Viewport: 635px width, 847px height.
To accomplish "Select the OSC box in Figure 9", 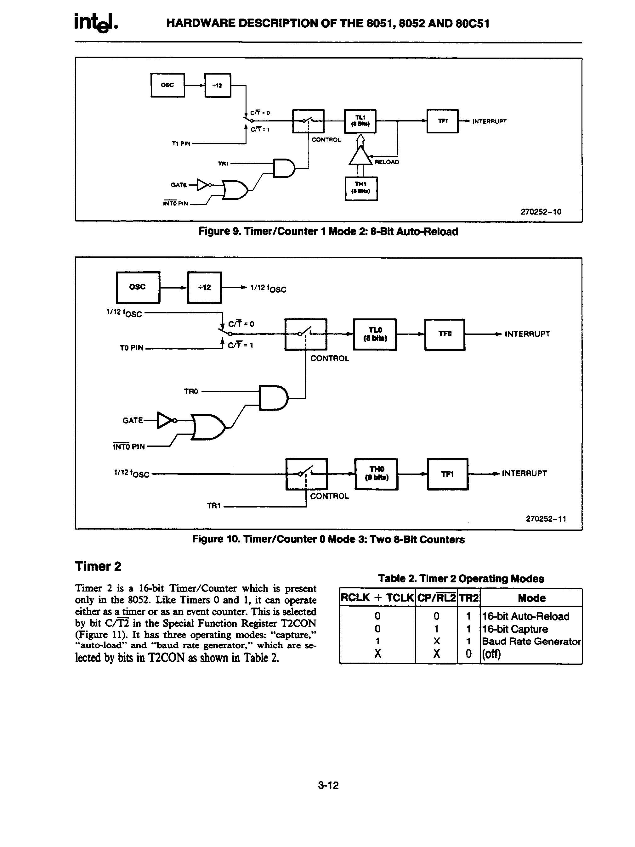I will coord(167,85).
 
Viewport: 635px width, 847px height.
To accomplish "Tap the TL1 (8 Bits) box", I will coord(360,121).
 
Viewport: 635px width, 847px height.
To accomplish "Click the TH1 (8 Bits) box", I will coord(360,188).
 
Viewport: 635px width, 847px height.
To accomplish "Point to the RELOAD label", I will coord(386,162).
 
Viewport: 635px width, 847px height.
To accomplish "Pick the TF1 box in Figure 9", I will coord(442,121).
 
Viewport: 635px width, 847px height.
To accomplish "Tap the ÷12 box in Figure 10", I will coord(204,287).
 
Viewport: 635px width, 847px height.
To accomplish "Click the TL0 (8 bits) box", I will coord(374,334).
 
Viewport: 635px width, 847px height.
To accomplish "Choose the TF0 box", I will coord(444,334).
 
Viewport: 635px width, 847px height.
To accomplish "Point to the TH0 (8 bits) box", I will coord(376,473).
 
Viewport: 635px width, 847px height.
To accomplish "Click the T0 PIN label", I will coord(132,348).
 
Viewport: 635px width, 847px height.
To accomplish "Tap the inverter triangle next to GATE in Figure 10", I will coord(165,420).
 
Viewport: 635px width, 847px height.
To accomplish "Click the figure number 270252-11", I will coord(546,519).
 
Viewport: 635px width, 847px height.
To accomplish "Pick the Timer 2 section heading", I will coord(98,566).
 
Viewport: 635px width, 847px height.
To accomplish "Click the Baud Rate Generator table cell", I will coord(531,641).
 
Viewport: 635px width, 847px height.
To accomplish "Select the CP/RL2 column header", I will coord(436,598).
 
